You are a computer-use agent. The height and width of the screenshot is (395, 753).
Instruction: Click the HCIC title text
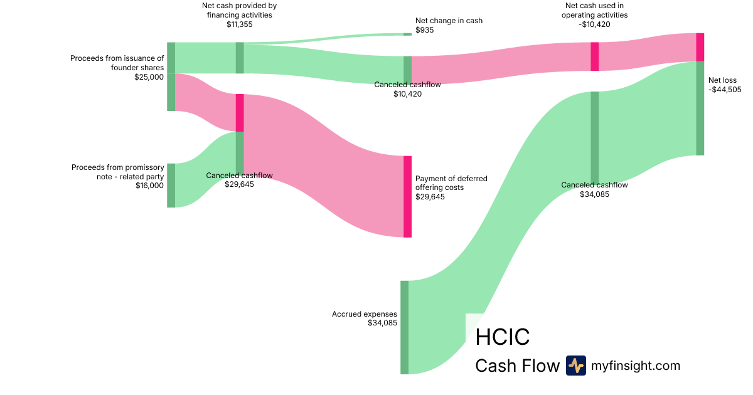click(x=502, y=337)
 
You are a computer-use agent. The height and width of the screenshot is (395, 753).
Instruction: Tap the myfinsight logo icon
click(x=575, y=366)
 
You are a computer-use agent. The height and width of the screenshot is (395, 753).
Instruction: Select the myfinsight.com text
click(x=636, y=366)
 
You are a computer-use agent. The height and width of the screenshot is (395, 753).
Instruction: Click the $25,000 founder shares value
click(x=149, y=77)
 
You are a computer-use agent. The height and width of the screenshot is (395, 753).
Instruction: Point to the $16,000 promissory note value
click(x=149, y=186)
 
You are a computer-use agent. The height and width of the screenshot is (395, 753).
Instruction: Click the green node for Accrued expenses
click(x=404, y=327)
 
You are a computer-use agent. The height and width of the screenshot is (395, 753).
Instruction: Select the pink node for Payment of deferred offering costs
click(x=407, y=196)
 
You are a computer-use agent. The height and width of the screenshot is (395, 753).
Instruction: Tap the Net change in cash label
click(x=449, y=21)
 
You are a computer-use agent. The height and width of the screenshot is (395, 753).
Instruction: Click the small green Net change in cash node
click(x=407, y=34)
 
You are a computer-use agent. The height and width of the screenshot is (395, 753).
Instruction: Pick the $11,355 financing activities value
click(x=239, y=25)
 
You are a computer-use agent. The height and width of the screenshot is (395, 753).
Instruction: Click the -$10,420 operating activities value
click(x=594, y=24)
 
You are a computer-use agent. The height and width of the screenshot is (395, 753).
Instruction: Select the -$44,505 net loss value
click(x=725, y=90)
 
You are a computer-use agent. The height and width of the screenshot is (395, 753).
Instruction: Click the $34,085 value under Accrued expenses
click(x=383, y=323)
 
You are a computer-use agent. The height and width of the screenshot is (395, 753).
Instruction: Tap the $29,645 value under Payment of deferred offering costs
click(x=430, y=197)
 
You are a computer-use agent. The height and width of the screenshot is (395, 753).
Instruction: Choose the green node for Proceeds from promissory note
click(x=171, y=185)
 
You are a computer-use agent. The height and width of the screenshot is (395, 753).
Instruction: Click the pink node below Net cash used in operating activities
click(x=594, y=56)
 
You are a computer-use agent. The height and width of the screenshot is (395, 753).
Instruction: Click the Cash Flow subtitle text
click(x=517, y=366)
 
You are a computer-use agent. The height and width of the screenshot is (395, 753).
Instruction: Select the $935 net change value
click(x=424, y=30)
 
